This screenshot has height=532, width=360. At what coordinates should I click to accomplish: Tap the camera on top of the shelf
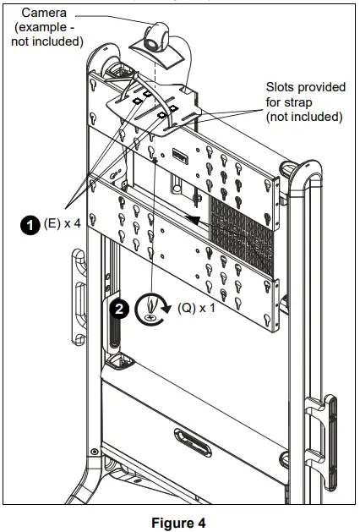157,38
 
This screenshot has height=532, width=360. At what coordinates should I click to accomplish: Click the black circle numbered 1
30,224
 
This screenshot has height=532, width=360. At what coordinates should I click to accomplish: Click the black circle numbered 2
120,309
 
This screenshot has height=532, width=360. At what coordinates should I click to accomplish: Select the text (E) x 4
63,224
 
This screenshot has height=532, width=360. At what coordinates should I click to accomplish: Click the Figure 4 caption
178,523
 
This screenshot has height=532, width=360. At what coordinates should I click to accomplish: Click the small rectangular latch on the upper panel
179,155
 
